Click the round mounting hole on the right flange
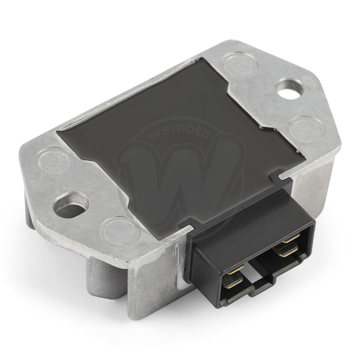point(290,89)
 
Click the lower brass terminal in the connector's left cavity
point(232,280)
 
